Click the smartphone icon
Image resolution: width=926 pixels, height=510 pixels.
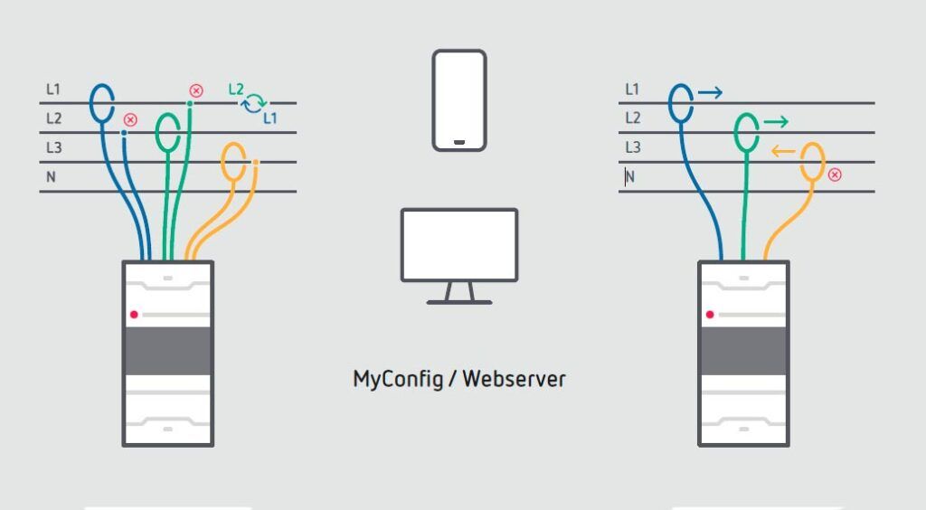[x=459, y=99]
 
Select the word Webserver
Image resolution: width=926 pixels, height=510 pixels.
[x=515, y=379]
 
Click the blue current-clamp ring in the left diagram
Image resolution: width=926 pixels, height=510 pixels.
[x=101, y=101]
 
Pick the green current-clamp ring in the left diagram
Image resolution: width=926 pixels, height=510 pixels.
[x=168, y=132]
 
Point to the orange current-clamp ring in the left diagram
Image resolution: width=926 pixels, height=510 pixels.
[x=235, y=162]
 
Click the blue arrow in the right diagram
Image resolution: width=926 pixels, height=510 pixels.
[x=711, y=91]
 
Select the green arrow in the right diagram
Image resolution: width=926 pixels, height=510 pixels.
[x=776, y=121]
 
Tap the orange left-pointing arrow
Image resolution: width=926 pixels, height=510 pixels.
[x=783, y=151]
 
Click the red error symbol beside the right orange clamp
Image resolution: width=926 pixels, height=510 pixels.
[x=835, y=175]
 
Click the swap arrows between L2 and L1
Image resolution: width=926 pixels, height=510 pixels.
[x=254, y=103]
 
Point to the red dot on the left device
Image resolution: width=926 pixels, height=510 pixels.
[x=134, y=314]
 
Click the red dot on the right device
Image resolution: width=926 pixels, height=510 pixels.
[x=710, y=314]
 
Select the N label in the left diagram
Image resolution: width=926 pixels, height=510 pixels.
[x=51, y=177]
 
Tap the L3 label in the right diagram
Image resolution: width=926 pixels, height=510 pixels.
[x=632, y=147]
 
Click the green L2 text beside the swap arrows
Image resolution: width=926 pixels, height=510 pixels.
[x=236, y=90]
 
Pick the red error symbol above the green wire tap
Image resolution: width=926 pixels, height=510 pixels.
[x=195, y=90]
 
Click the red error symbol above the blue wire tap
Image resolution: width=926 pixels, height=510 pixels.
[x=130, y=119]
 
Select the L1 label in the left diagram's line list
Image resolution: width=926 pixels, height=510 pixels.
[x=52, y=90]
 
